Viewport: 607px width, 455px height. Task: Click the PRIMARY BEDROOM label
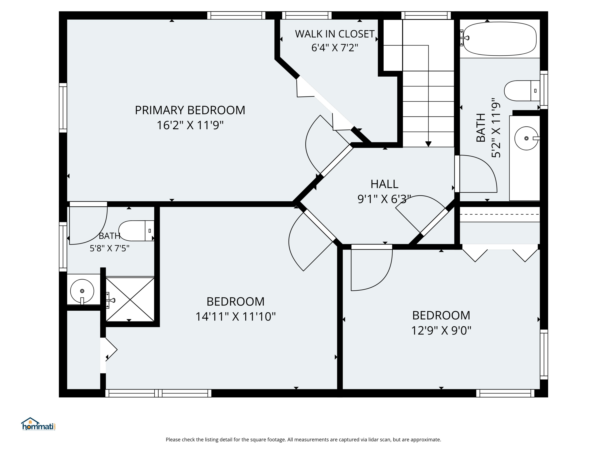tap(190, 110)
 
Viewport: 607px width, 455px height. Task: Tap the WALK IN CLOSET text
tap(335, 34)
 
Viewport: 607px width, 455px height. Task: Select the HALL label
tap(384, 184)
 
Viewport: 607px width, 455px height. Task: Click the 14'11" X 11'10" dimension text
tap(236, 316)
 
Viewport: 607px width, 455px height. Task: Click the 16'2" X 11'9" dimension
tap(190, 125)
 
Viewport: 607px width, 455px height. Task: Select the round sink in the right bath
tap(526, 138)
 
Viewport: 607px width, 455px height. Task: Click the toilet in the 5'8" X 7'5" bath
tap(136, 231)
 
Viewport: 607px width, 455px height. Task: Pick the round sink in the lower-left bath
tap(82, 291)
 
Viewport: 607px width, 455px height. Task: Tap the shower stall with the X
tap(130, 299)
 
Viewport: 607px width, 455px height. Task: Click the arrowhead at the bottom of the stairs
tap(428, 144)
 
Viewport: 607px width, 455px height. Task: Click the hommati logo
tap(38, 424)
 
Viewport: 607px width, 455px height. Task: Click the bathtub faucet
tap(464, 38)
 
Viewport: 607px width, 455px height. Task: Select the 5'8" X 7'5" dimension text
tap(109, 248)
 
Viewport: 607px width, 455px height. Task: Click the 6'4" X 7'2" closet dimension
tap(335, 48)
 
